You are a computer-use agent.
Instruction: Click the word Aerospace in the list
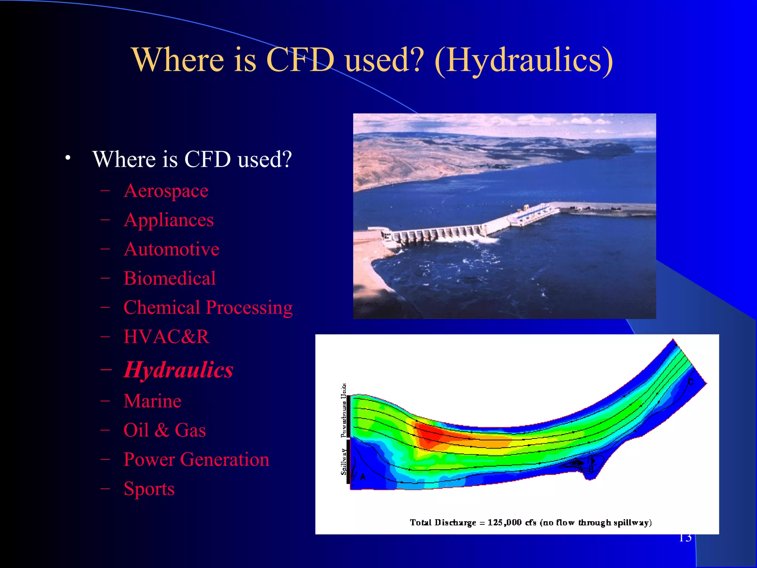point(166,191)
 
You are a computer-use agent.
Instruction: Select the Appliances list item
point(169,220)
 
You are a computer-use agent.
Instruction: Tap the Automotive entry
point(172,249)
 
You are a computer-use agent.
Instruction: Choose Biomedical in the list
point(170,278)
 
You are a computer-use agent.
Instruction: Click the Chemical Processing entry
point(208,308)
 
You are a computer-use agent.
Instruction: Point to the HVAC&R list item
point(166,337)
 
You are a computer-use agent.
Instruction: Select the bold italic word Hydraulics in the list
point(178,370)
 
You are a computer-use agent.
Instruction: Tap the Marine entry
point(152,401)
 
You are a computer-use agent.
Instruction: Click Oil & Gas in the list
point(164,430)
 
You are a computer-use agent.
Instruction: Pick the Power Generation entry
point(196,460)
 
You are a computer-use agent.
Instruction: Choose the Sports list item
point(149,489)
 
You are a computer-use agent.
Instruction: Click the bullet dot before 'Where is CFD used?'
point(67,158)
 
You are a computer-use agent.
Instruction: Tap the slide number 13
point(685,537)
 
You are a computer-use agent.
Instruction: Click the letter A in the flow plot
point(363,477)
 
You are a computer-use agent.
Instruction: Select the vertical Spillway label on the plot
point(344,461)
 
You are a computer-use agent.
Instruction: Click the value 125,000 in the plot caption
point(504,523)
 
